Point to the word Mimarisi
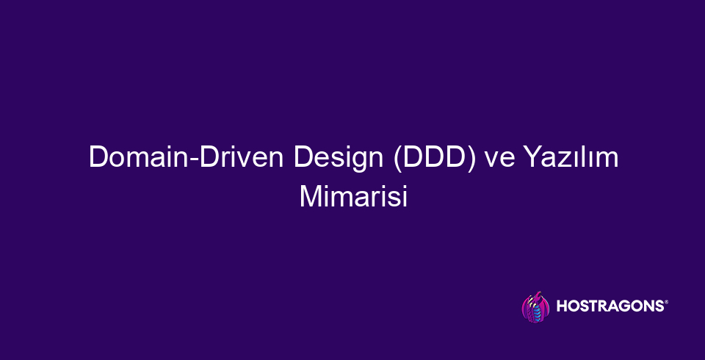353,198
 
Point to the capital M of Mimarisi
308,197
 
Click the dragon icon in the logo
535,307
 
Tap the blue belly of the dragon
536,313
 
